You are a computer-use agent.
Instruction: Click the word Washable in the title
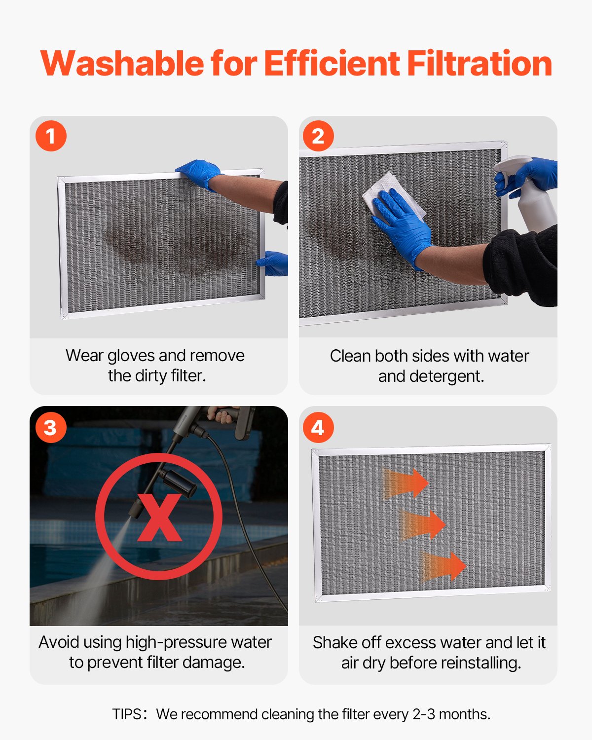tap(122, 64)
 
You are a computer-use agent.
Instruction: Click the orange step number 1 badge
tap(51, 136)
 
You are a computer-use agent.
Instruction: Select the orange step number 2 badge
tap(318, 136)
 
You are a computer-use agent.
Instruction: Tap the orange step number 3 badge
tap(51, 427)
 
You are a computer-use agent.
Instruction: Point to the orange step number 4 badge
tap(318, 427)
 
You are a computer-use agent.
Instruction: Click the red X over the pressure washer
tap(159, 517)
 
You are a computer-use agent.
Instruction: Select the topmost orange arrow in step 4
tap(406, 483)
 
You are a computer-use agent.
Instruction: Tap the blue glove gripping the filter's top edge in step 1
tap(200, 173)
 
